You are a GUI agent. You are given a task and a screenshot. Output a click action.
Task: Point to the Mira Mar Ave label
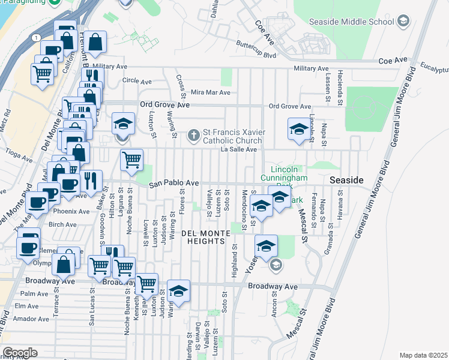(210, 93)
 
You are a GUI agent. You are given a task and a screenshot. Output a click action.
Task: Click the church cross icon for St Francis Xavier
(194, 134)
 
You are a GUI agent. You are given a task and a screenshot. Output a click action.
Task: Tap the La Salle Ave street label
(238, 149)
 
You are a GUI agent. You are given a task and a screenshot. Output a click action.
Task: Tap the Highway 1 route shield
(38, 37)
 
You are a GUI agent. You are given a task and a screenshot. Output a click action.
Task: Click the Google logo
(20, 352)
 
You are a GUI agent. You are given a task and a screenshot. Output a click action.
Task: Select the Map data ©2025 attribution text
(423, 355)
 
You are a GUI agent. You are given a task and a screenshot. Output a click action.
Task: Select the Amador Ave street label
(27, 318)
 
